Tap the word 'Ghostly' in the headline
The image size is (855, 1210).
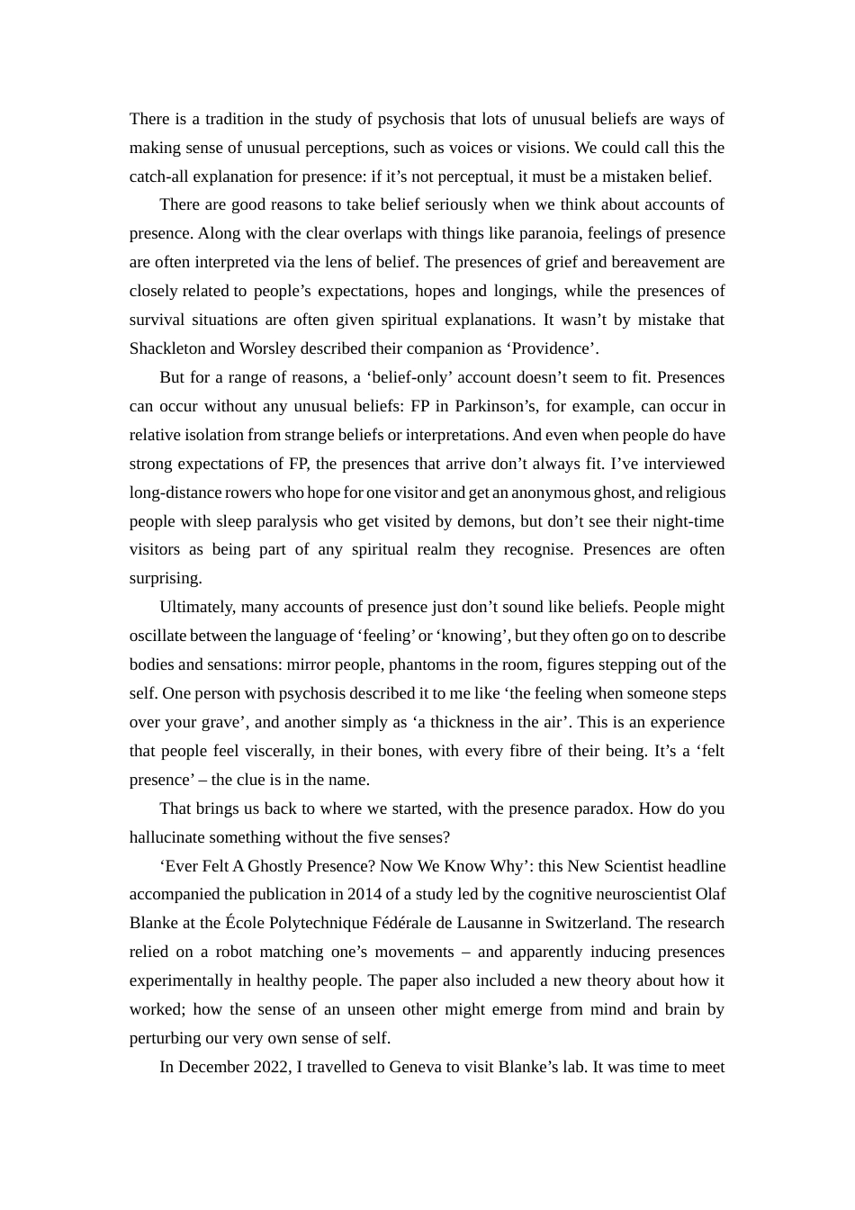coord(277,866)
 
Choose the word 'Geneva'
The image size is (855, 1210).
coord(416,1067)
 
